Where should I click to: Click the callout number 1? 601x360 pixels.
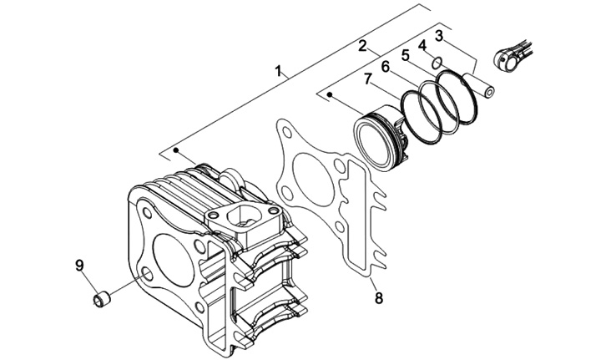(280, 70)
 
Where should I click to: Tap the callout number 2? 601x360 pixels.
(362, 45)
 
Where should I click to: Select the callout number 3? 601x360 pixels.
(439, 36)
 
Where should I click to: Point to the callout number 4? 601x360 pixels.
(422, 46)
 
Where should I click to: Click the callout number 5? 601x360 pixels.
(406, 56)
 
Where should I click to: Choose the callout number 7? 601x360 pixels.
(368, 79)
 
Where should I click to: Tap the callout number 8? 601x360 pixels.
(379, 298)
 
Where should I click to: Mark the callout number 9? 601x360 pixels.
(79, 265)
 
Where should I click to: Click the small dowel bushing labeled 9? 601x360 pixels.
(102, 299)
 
